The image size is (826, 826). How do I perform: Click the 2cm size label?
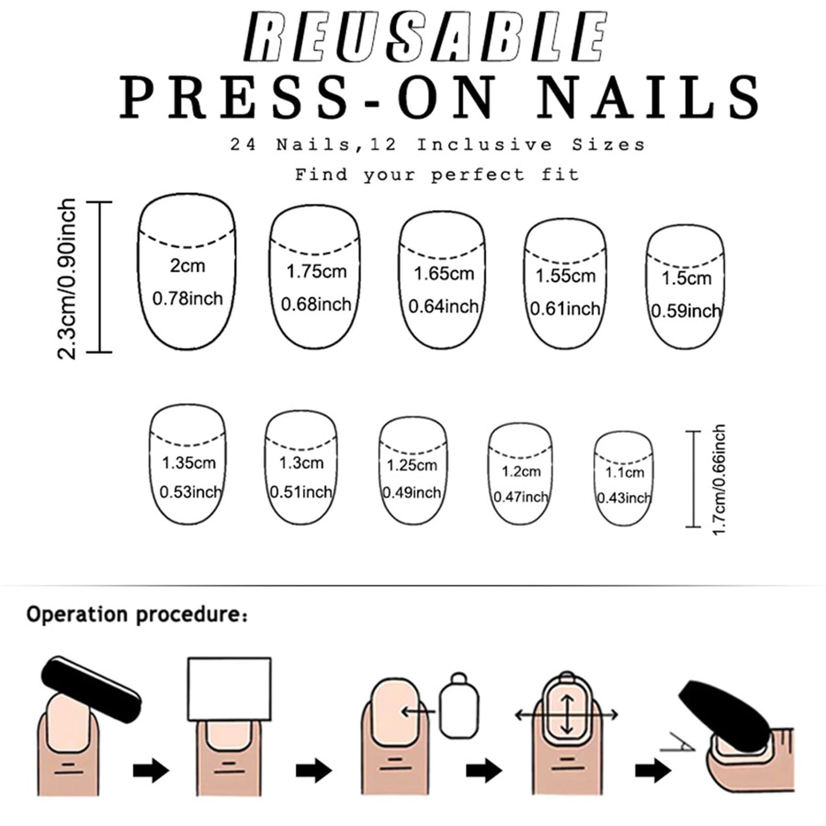click(x=187, y=266)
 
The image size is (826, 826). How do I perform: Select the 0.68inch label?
click(x=316, y=304)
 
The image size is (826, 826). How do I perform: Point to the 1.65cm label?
click(x=444, y=273)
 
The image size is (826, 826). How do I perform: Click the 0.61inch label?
click(x=565, y=309)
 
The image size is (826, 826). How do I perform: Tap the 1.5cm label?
click(x=687, y=278)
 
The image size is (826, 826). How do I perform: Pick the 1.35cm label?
click(x=189, y=463)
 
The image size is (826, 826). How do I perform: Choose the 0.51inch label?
click(x=301, y=492)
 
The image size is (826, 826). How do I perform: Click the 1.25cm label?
click(x=412, y=465)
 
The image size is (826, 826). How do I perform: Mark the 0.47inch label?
click(x=520, y=497)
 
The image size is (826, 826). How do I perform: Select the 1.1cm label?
click(x=625, y=472)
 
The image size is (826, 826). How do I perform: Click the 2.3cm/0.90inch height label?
click(x=66, y=278)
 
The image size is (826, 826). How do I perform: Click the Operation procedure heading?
click(x=137, y=614)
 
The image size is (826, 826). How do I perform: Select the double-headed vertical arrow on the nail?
click(x=567, y=715)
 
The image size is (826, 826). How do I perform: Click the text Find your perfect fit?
click(x=437, y=174)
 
